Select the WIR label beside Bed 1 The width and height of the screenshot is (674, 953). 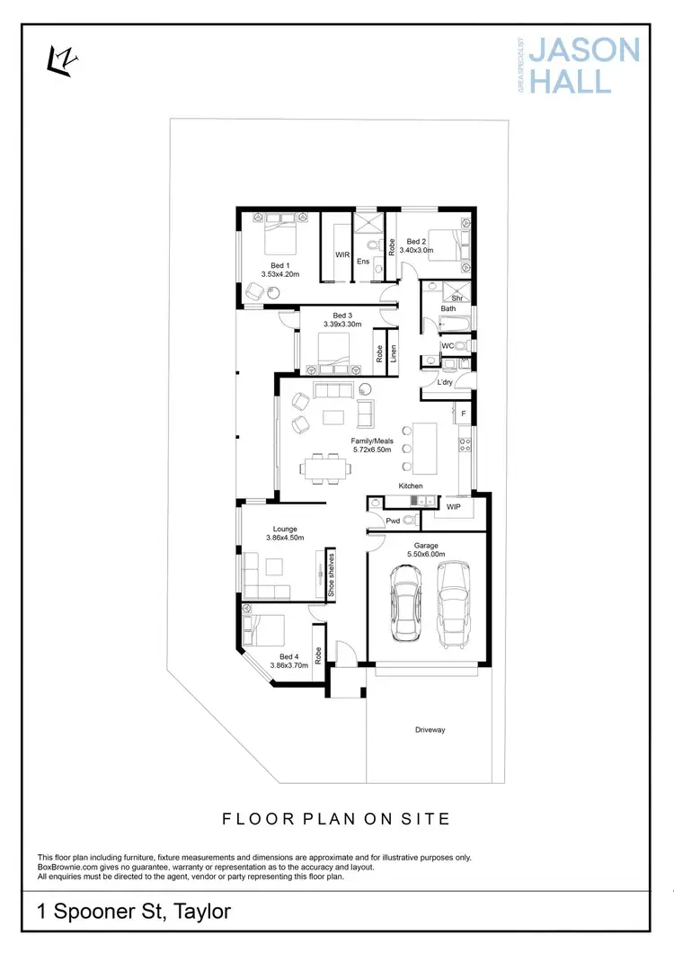coord(342,255)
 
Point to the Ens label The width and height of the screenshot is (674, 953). coord(363,262)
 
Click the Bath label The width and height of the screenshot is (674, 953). coord(448,309)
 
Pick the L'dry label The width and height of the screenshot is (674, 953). coord(444,383)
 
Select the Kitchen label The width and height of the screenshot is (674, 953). coord(411,486)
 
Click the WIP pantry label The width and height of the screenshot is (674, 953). coord(453,507)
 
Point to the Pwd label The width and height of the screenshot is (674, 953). coord(393,520)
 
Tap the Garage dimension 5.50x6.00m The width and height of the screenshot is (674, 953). coord(426,555)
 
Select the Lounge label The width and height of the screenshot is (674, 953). coord(285,529)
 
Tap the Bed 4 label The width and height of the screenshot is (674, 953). coord(288,656)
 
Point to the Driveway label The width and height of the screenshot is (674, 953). coord(430,729)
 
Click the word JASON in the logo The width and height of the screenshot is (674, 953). coord(585,49)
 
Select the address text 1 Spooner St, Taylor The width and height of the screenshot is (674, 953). coord(134,911)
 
